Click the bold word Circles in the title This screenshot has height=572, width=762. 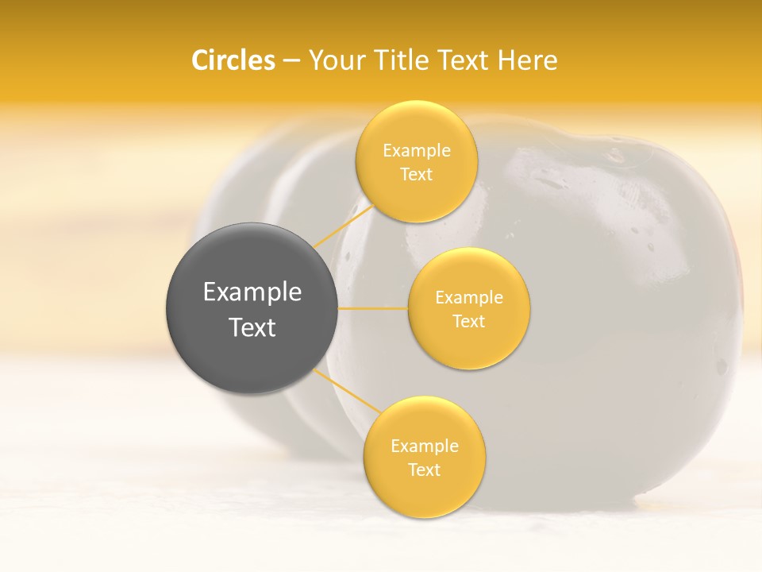[233, 60]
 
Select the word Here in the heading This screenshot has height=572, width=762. [528, 60]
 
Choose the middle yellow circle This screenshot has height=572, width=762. [468, 274]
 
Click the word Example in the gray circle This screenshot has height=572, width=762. [252, 292]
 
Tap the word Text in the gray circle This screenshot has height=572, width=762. [252, 327]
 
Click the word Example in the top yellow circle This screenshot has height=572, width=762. [417, 151]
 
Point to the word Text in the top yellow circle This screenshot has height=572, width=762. [417, 175]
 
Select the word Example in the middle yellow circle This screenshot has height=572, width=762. [469, 298]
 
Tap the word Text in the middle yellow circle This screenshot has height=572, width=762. [469, 322]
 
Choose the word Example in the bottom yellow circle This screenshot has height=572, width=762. [425, 446]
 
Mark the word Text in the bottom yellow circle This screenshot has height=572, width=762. [425, 470]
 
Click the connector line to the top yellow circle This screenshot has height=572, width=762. [343, 226]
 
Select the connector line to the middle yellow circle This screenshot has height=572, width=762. [373, 308]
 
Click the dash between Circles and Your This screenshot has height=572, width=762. [291, 61]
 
